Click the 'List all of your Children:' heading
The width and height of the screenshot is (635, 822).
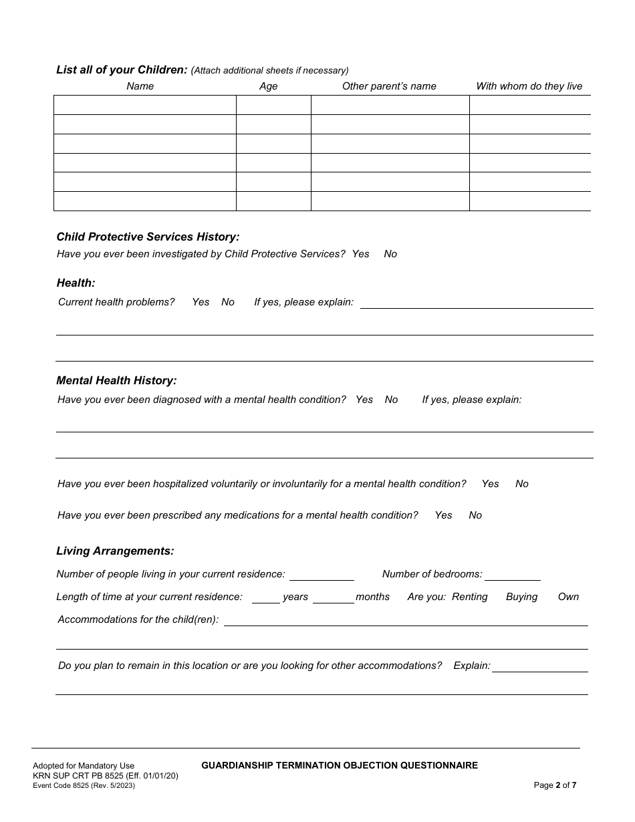point(122,70)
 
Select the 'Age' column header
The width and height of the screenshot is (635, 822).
point(268,86)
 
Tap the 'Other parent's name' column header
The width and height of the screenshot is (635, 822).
point(389,86)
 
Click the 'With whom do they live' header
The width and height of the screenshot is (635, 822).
point(529,86)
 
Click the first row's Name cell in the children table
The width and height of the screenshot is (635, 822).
point(145,105)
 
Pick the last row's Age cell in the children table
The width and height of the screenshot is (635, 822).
point(273,201)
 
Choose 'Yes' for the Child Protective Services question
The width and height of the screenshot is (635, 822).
point(360,254)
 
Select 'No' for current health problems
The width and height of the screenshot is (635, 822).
point(228,302)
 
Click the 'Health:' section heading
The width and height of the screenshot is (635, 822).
point(76,283)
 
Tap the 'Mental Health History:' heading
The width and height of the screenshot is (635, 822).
point(116,380)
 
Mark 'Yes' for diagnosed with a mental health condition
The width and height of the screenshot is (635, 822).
point(364,400)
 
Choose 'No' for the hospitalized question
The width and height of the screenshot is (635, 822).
point(522,484)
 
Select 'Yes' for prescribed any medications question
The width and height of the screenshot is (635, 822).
point(443,515)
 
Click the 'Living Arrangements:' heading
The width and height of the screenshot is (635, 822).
point(115,551)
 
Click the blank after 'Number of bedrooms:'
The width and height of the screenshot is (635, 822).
point(513,574)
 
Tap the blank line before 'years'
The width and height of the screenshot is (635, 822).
point(265,597)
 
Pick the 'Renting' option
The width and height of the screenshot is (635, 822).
point(469,597)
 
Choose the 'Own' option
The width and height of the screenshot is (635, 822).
point(568,597)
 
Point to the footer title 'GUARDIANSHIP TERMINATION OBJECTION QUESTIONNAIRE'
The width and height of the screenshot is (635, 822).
point(340,765)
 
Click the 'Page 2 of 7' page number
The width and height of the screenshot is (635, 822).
point(555,785)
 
